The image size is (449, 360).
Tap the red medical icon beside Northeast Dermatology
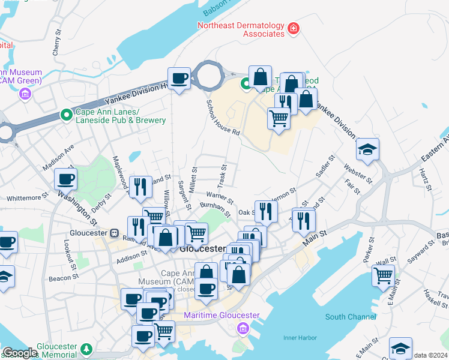pyautogui.click(x=294, y=28)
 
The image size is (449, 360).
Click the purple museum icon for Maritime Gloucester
pyautogui.click(x=243, y=328)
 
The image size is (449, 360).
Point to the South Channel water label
pyautogui.click(x=348, y=317)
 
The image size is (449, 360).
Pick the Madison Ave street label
pyautogui.click(x=58, y=157)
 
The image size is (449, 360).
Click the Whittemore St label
pyautogui.click(x=27, y=197)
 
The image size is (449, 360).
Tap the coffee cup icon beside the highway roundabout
pyautogui.click(x=179, y=79)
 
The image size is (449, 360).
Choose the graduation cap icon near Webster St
pyautogui.click(x=367, y=150)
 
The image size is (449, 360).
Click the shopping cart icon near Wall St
pyautogui.click(x=384, y=276)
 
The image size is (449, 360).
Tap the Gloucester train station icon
pyautogui.click(x=115, y=233)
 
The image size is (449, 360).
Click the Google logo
pyautogui.click(x=19, y=352)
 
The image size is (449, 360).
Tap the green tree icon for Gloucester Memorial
pyautogui.click(x=87, y=349)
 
